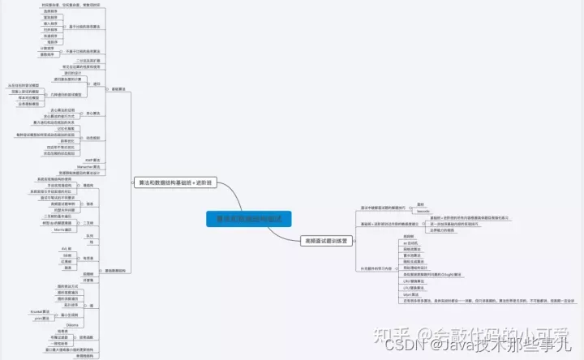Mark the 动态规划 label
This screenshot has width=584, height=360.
coord(91,138)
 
